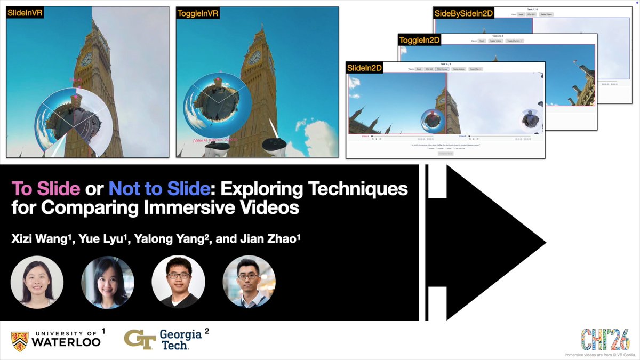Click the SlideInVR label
pyautogui.click(x=25, y=12)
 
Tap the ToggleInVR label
pyautogui.click(x=197, y=12)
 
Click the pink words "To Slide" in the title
pyautogui.click(x=46, y=189)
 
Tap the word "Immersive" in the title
pyautogui.click(x=195, y=207)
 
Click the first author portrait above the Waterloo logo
pyautogui.click(x=37, y=282)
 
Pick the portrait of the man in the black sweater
pyautogui.click(x=178, y=282)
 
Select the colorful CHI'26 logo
pyautogui.click(x=605, y=340)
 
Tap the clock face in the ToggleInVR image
pyautogui.click(x=254, y=57)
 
